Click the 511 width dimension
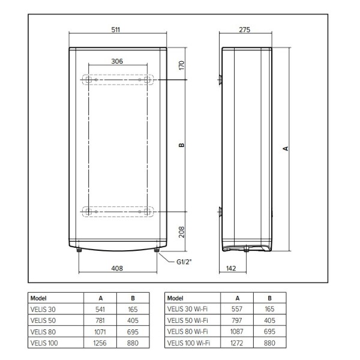(115, 29)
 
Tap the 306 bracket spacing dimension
(117, 61)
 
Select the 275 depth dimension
(245, 29)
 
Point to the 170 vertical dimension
(181, 65)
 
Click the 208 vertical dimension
(181, 232)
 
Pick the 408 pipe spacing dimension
(117, 268)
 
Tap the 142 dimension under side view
(231, 268)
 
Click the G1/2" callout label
(184, 262)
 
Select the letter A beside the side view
(286, 149)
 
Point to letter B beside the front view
(181, 145)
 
